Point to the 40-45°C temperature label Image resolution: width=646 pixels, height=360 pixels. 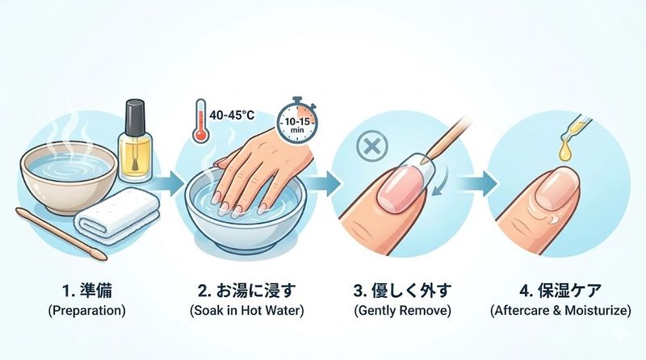tap(232, 116)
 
